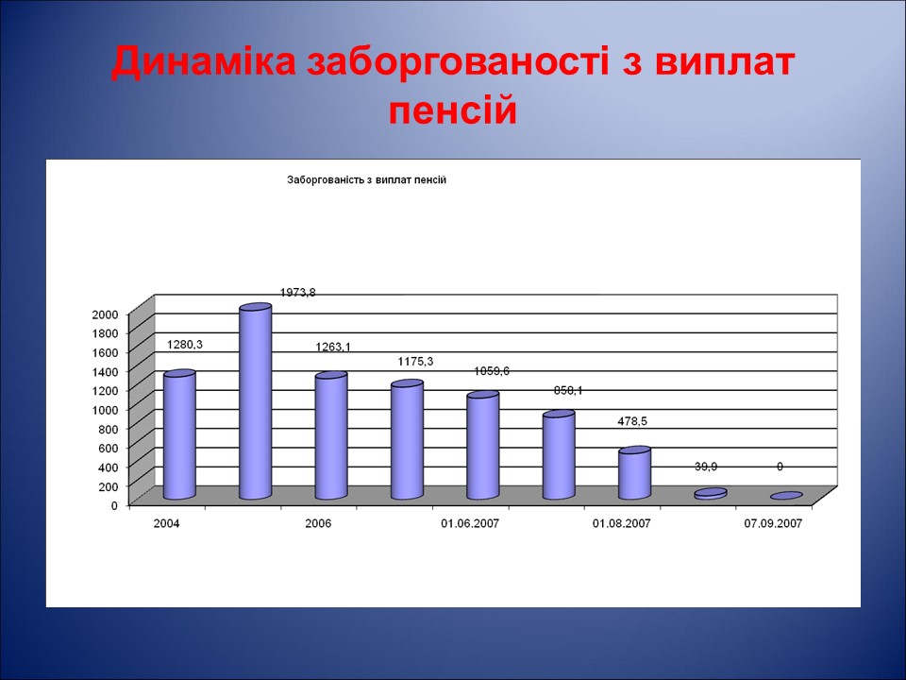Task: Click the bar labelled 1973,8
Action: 255,403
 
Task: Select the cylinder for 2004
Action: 179,435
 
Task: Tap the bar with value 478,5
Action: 634,474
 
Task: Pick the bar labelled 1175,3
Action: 407,441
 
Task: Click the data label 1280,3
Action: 185,345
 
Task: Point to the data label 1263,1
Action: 333,347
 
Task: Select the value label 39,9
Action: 707,467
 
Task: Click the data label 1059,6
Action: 492,371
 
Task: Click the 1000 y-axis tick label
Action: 106,409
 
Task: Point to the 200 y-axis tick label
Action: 109,485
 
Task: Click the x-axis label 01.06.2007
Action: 470,523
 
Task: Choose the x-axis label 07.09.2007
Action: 774,523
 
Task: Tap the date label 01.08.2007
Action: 622,523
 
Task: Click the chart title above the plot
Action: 366,179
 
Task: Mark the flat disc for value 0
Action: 786,496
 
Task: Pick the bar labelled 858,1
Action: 559,456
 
